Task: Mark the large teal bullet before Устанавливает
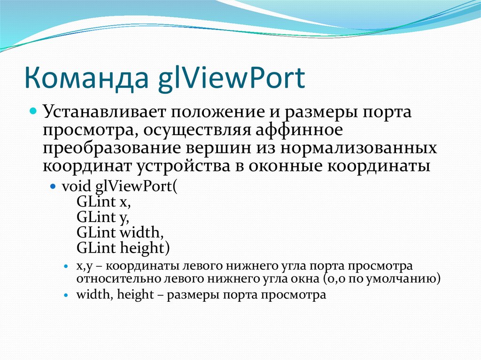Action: [33, 113]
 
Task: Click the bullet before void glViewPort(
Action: [54, 186]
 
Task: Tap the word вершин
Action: [213, 148]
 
